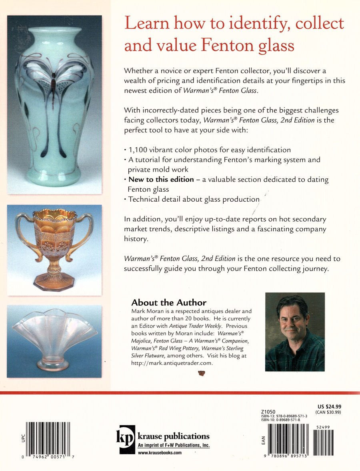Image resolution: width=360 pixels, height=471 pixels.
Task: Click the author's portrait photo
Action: click(295, 332)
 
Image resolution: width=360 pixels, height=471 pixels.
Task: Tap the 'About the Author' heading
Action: click(169, 303)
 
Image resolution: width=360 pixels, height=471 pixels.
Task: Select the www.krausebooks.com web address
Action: click(160, 453)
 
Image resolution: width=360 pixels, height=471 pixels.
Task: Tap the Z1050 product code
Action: click(268, 412)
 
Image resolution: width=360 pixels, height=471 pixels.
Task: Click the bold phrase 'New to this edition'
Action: click(161, 180)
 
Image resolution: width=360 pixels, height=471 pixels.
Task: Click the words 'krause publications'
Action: click(173, 437)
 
